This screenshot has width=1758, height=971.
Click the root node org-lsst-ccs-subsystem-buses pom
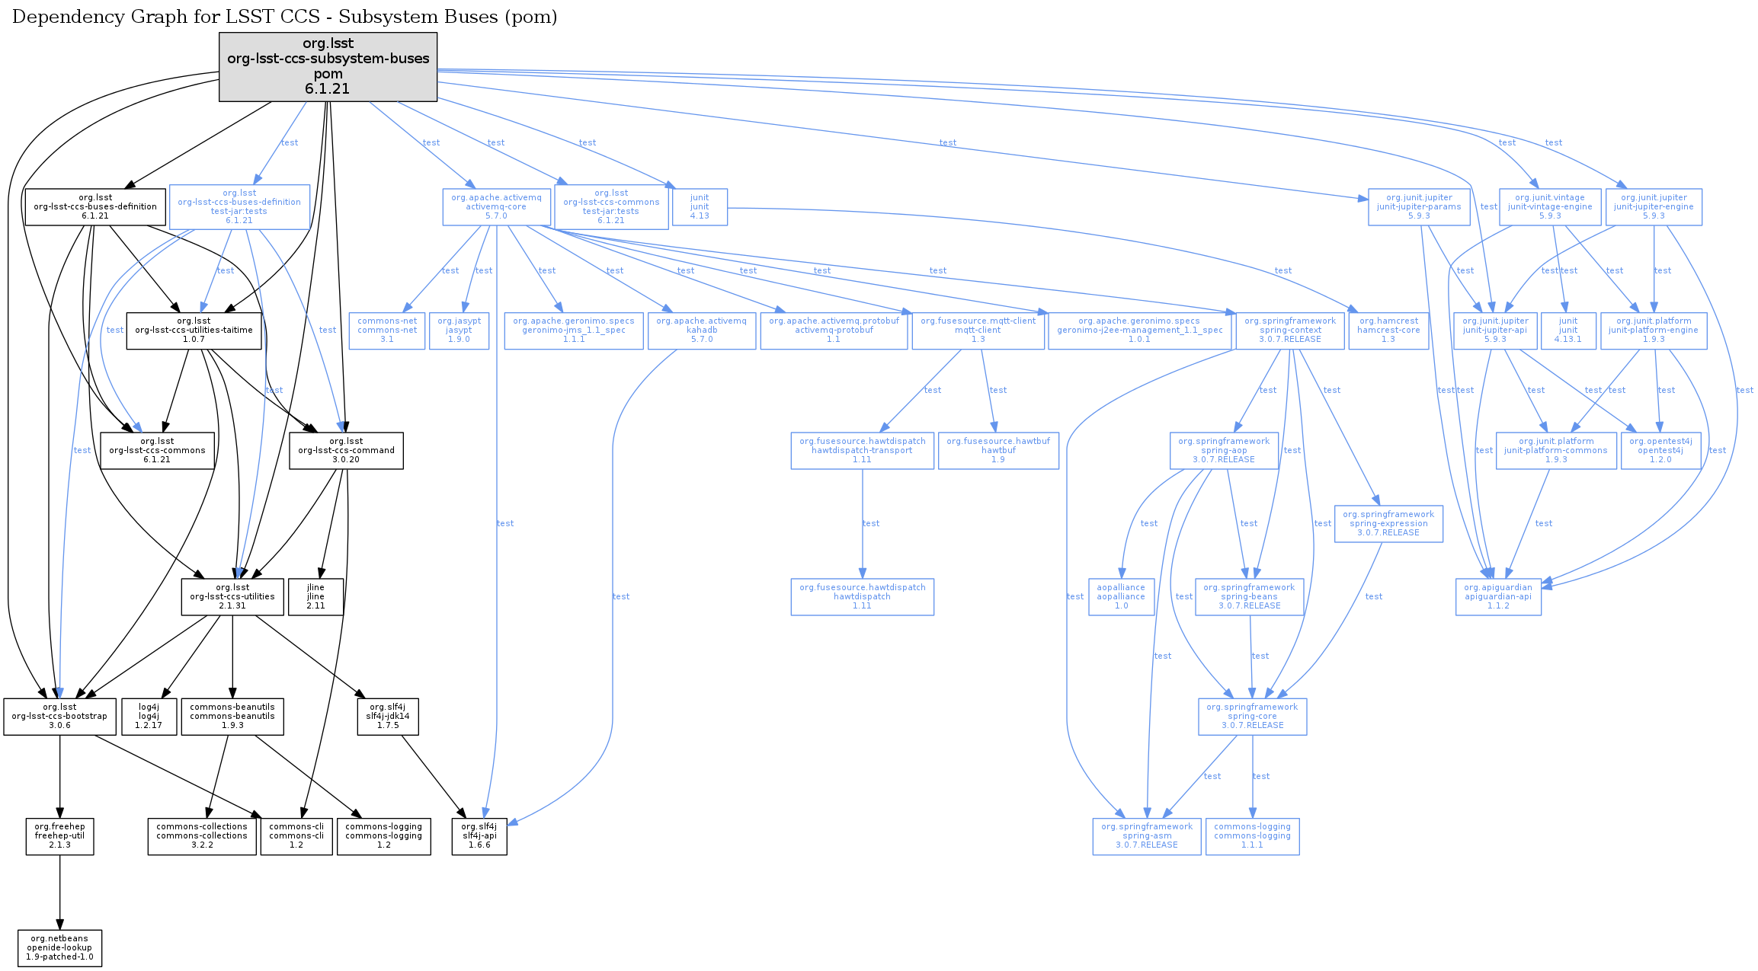328,66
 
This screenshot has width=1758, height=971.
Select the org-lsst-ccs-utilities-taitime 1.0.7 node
194,331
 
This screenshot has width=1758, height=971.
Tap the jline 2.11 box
315,597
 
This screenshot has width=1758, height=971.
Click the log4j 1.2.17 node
149,717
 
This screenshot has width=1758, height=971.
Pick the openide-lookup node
59,948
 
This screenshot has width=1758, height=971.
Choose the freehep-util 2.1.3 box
59,836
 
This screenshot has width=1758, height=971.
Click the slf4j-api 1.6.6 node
479,836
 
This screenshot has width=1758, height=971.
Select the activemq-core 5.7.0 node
496,207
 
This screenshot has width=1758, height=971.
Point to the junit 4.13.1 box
1568,331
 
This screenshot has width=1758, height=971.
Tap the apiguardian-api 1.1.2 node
1498,597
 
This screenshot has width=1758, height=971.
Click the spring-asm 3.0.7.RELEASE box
1147,836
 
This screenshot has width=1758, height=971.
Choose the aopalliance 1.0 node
1121,597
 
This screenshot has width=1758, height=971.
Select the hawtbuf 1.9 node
998,451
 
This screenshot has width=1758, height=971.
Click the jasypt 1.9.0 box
459,331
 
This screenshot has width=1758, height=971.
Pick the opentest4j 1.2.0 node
1660,451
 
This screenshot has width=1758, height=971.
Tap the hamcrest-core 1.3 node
1388,331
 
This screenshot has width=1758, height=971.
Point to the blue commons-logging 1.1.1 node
1252,836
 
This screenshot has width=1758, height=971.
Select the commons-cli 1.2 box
296,836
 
